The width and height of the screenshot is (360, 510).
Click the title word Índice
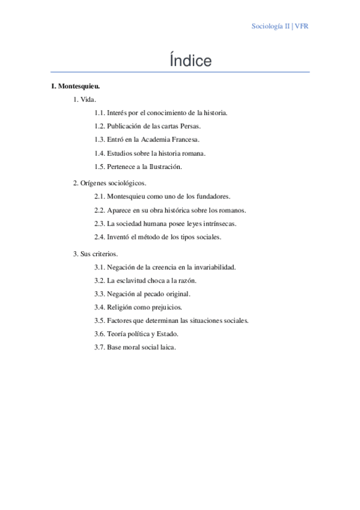tap(191, 61)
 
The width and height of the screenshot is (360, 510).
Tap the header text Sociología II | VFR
tap(280, 26)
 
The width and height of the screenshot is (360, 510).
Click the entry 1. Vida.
tap(85, 99)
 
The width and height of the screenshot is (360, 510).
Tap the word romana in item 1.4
tap(195, 153)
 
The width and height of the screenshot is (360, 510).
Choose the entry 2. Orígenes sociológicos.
tap(109, 183)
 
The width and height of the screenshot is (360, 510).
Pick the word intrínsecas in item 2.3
tap(219, 223)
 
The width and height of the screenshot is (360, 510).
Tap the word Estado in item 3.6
tap(166, 334)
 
